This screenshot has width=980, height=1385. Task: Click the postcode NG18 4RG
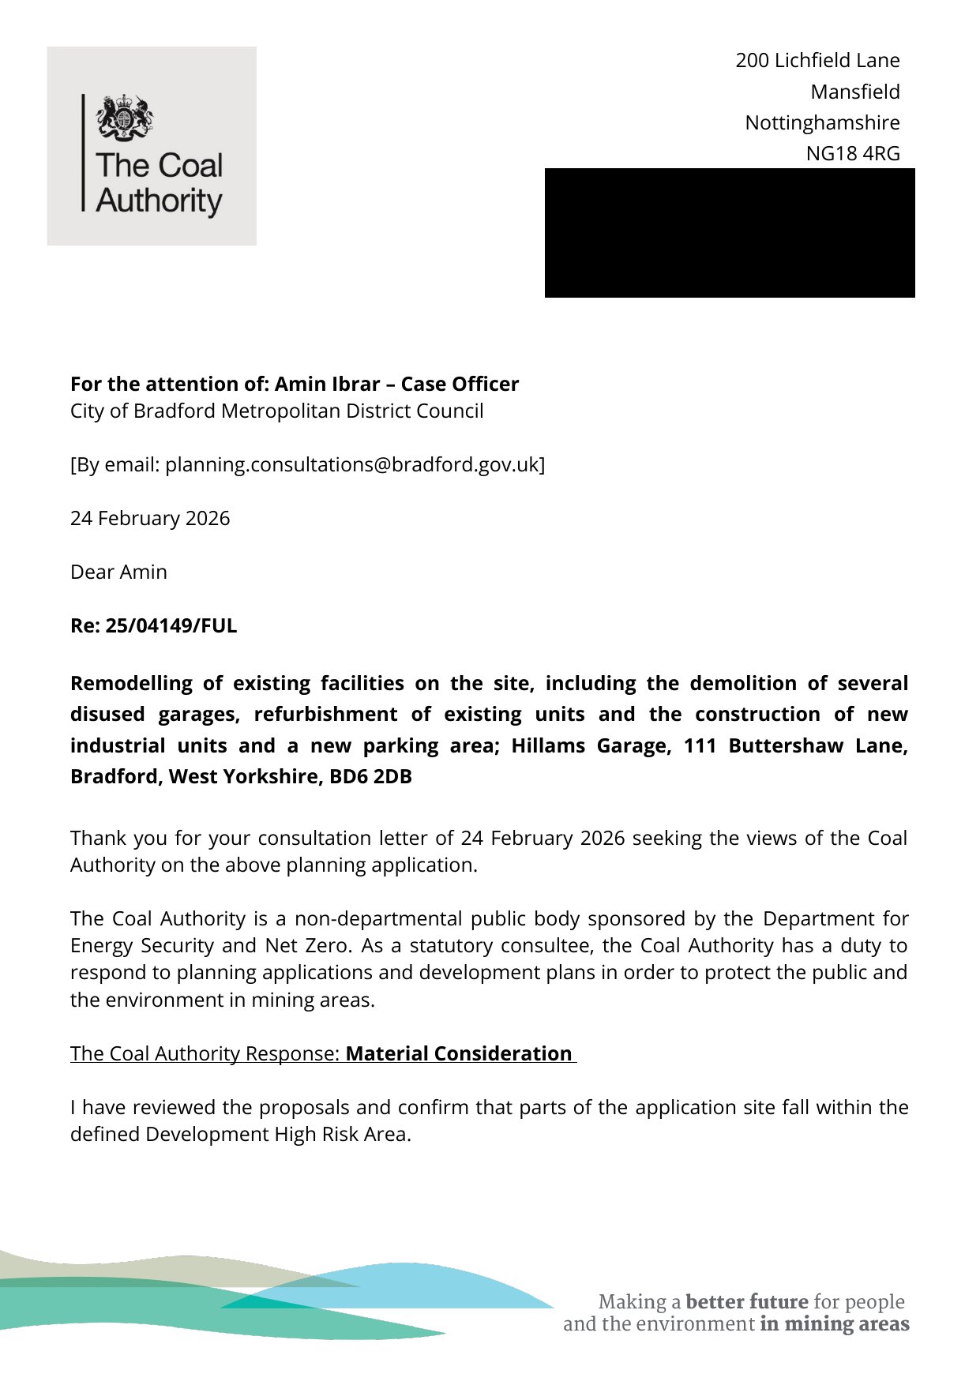852,153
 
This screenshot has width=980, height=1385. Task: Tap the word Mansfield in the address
854,92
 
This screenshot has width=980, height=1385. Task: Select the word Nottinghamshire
822,122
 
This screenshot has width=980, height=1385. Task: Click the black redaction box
729,233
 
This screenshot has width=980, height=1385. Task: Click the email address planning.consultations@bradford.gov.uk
351,464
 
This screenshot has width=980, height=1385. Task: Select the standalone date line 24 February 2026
150,518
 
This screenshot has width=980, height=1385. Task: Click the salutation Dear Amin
118,572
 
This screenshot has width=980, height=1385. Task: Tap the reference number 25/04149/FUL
171,625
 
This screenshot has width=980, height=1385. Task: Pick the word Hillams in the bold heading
547,745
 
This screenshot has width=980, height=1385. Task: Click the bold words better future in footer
746,1301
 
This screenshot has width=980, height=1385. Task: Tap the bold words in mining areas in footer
834,1323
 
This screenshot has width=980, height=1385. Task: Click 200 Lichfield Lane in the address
817,60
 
